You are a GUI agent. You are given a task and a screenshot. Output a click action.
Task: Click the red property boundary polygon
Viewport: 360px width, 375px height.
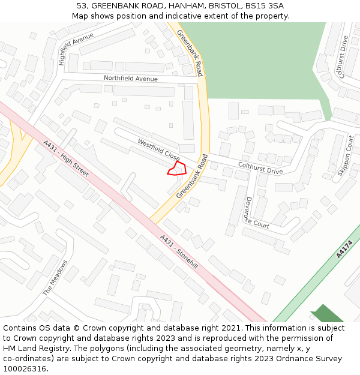(176, 169)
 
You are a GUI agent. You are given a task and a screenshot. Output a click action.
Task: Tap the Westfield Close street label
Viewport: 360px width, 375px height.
(158, 151)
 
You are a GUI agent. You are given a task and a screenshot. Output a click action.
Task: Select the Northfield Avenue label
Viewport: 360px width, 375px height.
(131, 79)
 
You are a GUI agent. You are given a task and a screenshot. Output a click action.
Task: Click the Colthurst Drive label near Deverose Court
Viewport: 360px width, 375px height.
(260, 167)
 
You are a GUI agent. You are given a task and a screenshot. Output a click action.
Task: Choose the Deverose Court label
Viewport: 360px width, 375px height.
(254, 215)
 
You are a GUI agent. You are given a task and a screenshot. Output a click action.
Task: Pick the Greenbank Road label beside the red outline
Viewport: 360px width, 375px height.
(192, 176)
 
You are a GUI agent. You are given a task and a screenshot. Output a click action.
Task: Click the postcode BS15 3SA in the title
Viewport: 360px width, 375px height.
(263, 6)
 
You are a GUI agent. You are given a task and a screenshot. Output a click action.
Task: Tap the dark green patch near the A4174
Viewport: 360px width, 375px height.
(326, 314)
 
